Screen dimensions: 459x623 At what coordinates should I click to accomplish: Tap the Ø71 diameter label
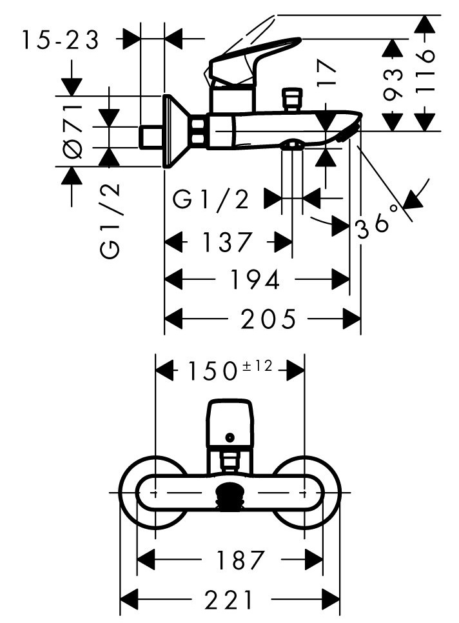pos(73,132)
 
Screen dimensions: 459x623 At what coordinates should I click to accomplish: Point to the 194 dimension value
pos(255,279)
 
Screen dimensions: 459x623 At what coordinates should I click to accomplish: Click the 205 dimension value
pos(268,319)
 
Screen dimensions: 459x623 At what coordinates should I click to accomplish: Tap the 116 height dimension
pos(425,72)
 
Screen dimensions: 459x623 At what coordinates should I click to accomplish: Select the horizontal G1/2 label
pos(211,199)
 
